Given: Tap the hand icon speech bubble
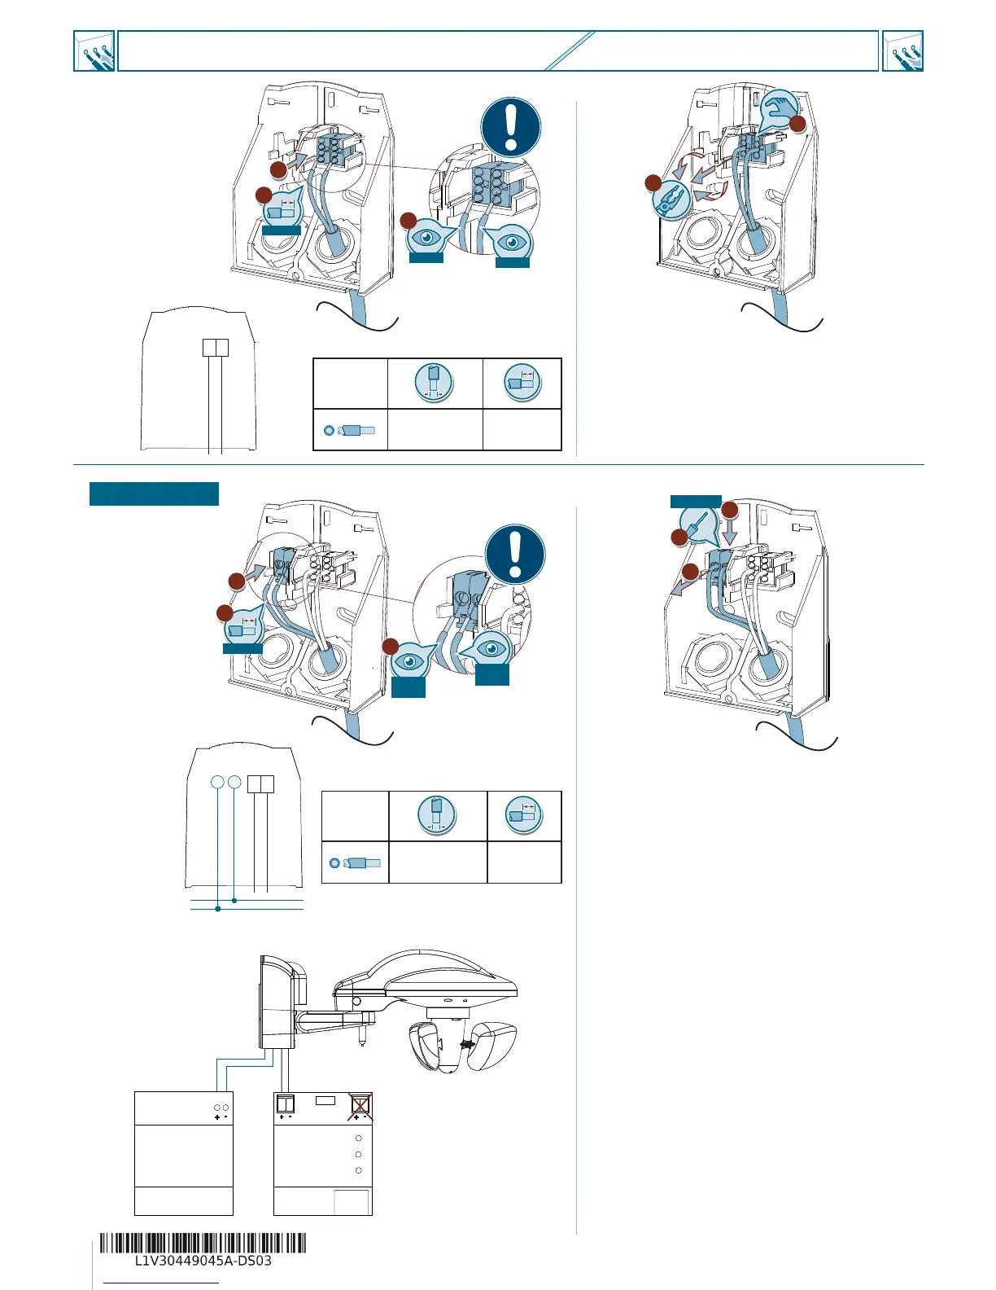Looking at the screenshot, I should (x=778, y=108).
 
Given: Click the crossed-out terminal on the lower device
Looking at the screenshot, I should (x=360, y=1105).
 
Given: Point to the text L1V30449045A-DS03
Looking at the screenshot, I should (x=203, y=1261).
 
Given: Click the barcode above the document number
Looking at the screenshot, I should (x=203, y=1244).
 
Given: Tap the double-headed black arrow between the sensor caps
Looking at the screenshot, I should (x=467, y=1044).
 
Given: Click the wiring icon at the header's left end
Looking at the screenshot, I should (x=94, y=51).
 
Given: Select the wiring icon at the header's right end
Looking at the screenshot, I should (x=903, y=51).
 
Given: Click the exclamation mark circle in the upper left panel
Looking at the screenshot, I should (x=511, y=128).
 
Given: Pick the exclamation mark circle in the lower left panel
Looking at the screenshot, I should (x=515, y=553).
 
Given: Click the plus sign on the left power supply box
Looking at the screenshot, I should (x=217, y=1117).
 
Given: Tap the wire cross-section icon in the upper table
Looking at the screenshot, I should (x=329, y=430).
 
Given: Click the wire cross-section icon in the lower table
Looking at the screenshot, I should (x=334, y=862).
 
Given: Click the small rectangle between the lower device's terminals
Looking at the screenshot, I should (x=325, y=1100).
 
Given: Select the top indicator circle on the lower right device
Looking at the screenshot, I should (x=359, y=1138).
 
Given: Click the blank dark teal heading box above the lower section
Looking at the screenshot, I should (x=154, y=494).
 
